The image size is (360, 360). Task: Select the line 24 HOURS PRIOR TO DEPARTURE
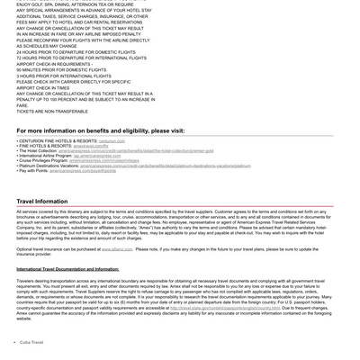(x=76, y=51)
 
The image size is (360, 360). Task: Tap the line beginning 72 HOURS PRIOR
(x=82, y=58)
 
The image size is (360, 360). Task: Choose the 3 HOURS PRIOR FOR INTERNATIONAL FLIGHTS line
(x=64, y=76)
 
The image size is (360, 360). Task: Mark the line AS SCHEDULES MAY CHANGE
(x=46, y=46)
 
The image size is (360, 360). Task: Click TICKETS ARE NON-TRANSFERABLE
(x=52, y=112)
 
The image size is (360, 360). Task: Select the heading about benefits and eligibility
(x=100, y=130)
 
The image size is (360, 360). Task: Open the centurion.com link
(x=112, y=141)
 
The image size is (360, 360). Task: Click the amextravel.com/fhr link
(x=90, y=146)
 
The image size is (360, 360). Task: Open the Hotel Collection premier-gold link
(x=136, y=151)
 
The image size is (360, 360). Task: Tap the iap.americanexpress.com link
(x=97, y=156)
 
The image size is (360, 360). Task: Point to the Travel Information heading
(x=41, y=202)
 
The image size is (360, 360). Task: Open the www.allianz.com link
(x=117, y=249)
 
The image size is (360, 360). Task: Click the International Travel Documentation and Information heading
(x=67, y=268)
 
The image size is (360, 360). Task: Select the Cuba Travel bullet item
(x=31, y=342)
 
